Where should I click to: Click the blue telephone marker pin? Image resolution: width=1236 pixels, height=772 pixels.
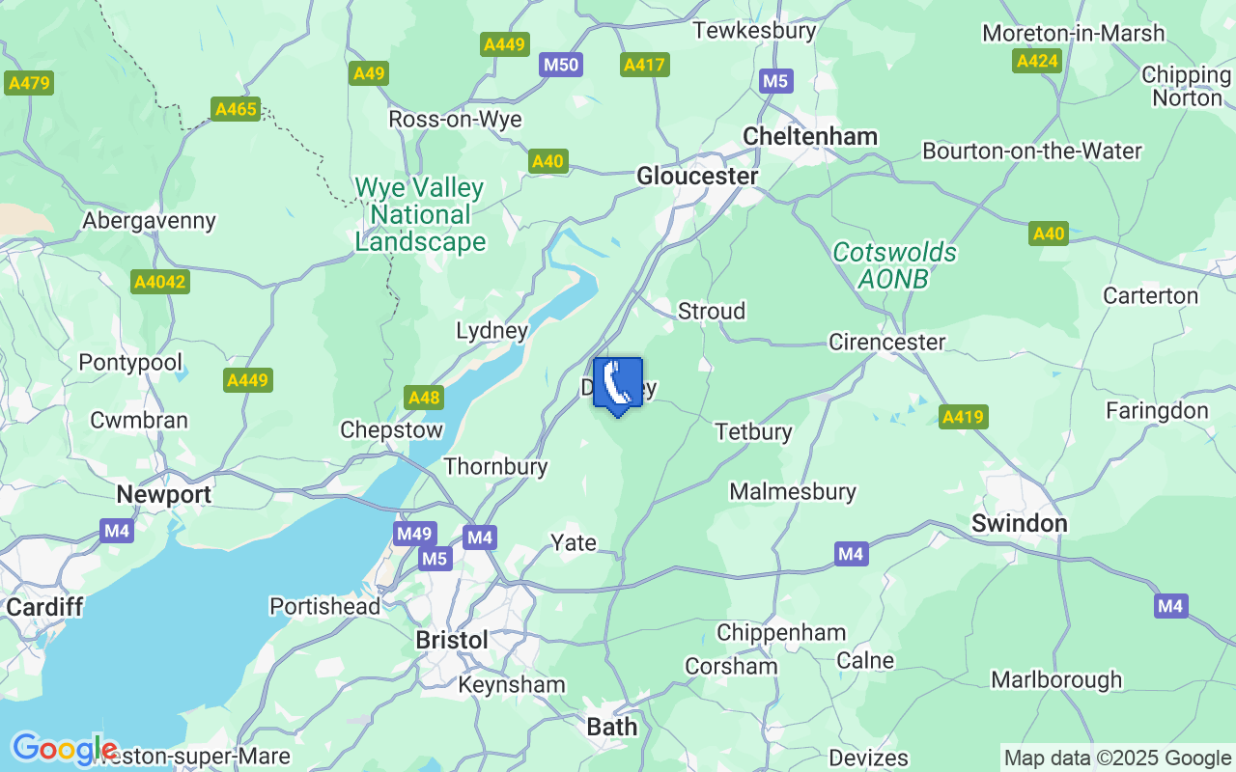coord(617,385)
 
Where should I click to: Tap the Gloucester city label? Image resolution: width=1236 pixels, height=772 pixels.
coord(697,177)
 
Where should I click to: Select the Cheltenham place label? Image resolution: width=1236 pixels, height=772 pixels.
coord(810,136)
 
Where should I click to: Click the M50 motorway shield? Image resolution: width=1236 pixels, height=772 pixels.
coord(560,65)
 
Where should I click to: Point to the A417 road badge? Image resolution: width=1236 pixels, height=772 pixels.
coord(644,65)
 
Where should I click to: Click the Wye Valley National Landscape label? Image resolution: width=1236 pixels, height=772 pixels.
coord(419,214)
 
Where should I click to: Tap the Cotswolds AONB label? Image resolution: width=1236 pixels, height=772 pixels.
coord(894,265)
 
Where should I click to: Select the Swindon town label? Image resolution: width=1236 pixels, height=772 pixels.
coord(1019,523)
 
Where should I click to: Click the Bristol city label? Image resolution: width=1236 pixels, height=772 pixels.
coord(451,640)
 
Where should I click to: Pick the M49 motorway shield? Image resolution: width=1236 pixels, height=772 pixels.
coord(414,534)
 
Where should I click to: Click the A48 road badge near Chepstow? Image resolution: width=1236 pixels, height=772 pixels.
coord(424,398)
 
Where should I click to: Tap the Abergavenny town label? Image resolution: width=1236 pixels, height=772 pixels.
coord(149,220)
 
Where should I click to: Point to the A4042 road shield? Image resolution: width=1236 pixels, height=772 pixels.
coord(160,282)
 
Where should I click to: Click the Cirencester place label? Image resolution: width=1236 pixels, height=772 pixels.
coord(886,342)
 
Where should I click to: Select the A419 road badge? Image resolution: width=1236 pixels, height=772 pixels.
coord(963,417)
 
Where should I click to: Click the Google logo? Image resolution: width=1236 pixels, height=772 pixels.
coord(64,749)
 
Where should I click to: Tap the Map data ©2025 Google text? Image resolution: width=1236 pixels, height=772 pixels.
coord(1117,758)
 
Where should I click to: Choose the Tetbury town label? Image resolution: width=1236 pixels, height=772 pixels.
coord(753,431)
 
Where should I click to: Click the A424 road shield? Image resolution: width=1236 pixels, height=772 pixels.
coord(1037,62)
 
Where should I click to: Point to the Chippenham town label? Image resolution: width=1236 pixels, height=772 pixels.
coord(780,633)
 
